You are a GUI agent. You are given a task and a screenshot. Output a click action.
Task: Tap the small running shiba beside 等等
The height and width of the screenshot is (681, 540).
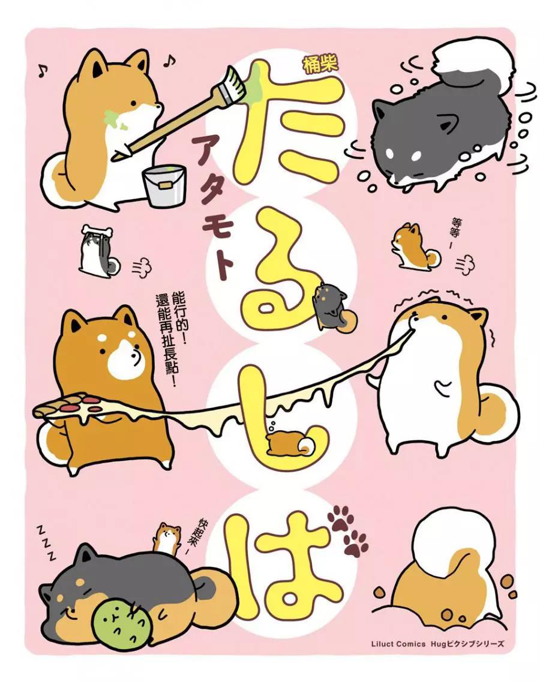pos(415,246)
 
